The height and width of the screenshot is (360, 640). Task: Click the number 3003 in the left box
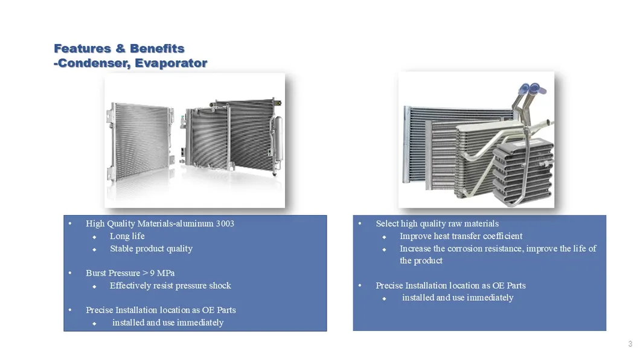click(225, 223)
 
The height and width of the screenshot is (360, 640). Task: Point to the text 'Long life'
click(127, 236)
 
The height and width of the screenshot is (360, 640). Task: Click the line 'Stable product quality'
click(151, 248)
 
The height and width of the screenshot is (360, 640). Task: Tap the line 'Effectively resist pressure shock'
click(170, 285)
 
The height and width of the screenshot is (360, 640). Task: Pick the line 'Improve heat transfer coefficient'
click(461, 236)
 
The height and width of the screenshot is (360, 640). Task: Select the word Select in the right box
click(387, 223)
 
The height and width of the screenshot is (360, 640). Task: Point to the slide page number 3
click(630, 344)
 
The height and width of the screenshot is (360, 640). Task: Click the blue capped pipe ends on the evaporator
click(533, 89)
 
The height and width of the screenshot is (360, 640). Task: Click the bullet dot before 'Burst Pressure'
click(70, 273)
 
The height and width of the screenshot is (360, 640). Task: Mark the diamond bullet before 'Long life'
click(95, 237)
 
